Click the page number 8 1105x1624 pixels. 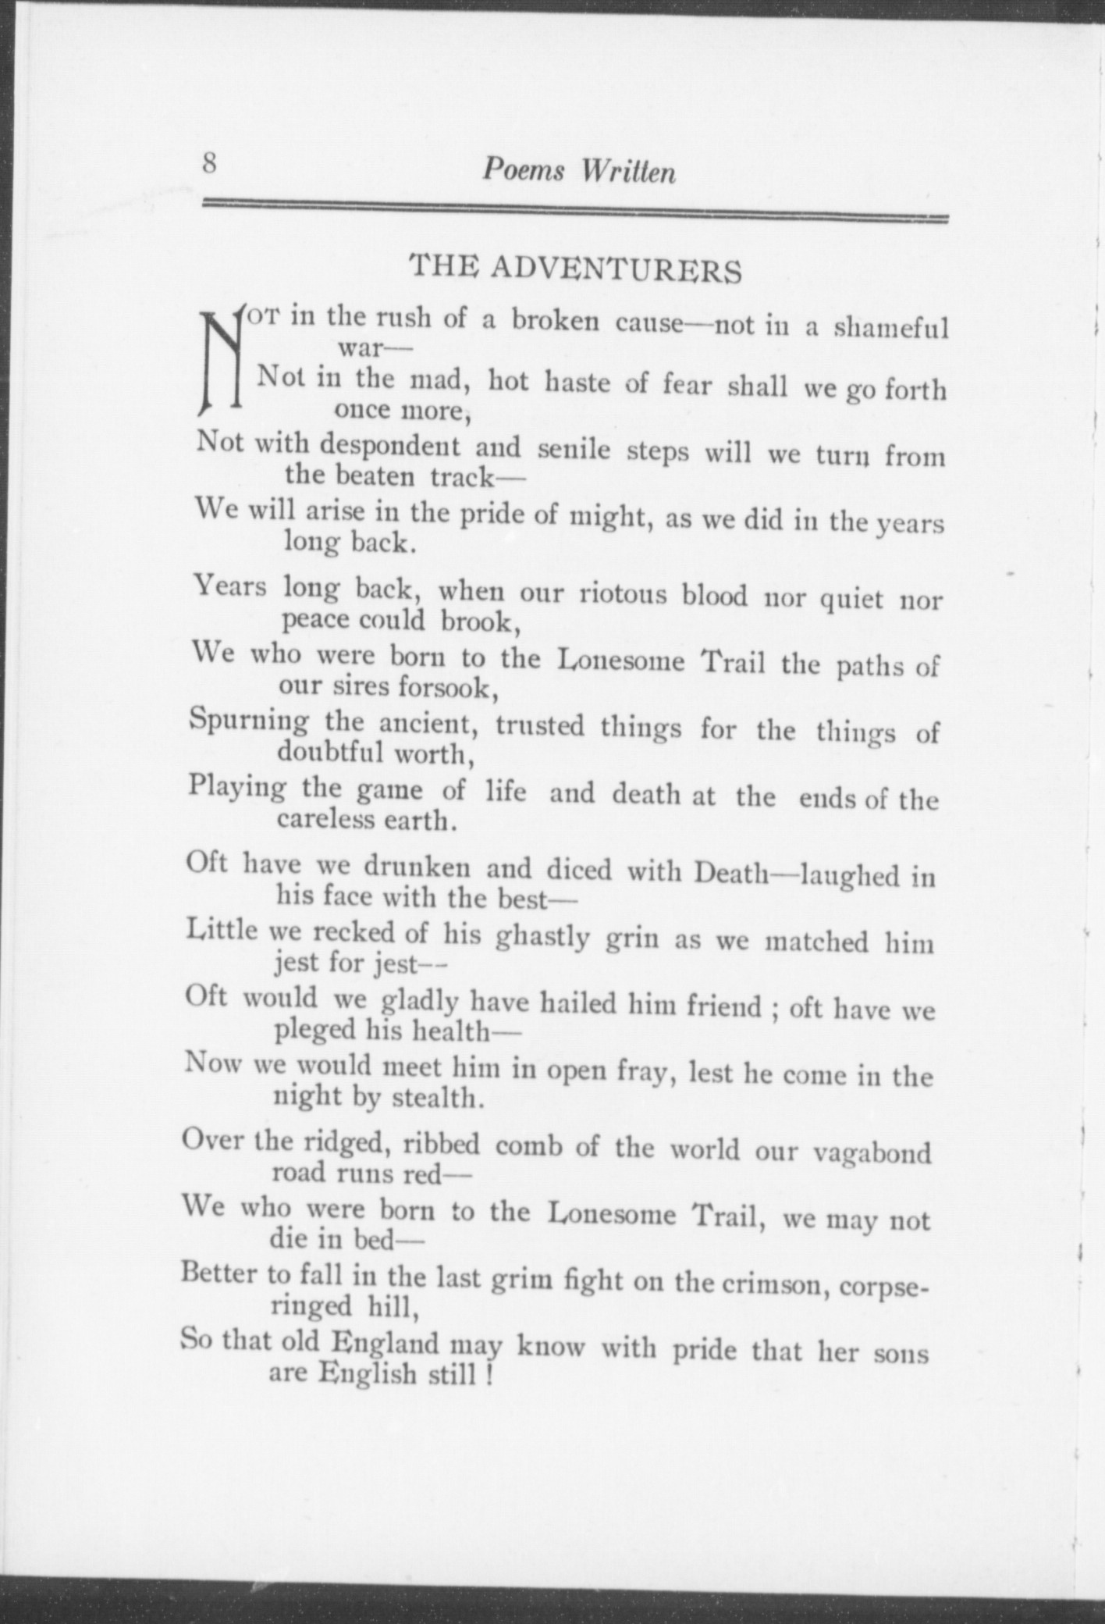pos(209,165)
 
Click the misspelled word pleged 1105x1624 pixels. pos(314,1031)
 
